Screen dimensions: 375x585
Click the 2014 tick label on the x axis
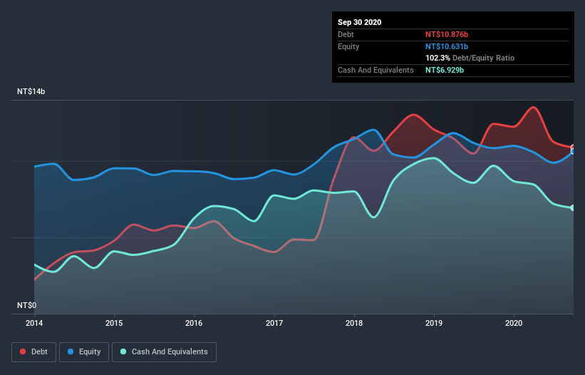34,323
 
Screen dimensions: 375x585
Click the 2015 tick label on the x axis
114,323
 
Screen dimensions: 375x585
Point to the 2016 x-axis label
194,323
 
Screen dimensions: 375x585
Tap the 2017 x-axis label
274,323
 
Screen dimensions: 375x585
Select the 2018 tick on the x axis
354,323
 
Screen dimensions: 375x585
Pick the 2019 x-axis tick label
434,323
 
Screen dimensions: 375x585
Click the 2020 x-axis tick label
514,323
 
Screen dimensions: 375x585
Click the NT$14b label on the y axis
32,92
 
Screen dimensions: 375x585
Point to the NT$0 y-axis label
26,305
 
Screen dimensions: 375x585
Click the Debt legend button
34,351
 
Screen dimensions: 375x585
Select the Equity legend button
84,351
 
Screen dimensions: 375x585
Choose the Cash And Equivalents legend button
164,351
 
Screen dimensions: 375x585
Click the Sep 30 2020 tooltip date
360,22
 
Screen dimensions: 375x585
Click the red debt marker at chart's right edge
573,148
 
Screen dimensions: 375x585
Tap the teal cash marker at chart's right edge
573,207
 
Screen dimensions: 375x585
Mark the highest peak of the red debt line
533,108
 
